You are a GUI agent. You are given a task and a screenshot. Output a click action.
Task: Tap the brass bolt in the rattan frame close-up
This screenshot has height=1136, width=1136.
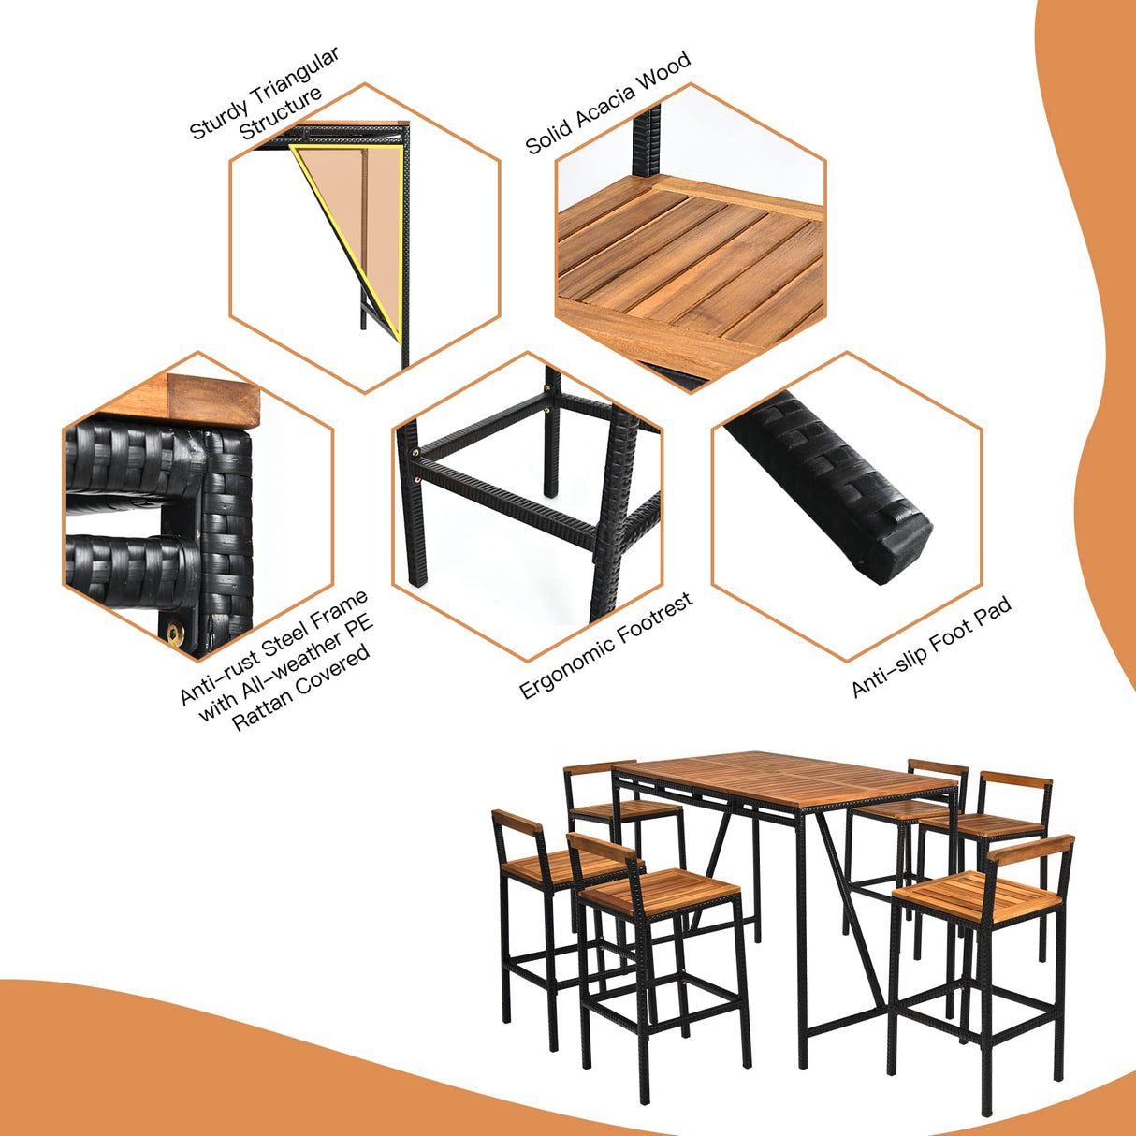tap(175, 634)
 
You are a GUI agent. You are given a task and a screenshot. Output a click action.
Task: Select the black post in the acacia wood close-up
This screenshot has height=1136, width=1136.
tap(647, 140)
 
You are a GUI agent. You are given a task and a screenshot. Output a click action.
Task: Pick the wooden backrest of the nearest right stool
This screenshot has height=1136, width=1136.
tap(1030, 850)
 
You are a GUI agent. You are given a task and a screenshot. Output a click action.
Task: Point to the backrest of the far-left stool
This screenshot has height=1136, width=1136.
tap(517, 825)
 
